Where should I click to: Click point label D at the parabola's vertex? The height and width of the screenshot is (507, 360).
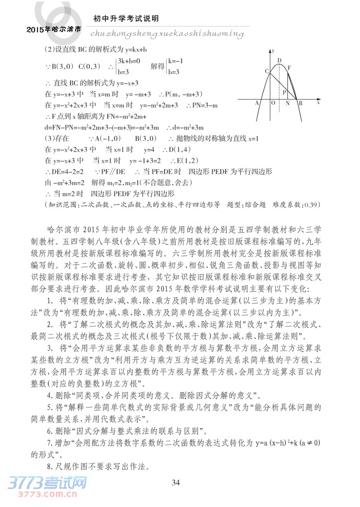279,61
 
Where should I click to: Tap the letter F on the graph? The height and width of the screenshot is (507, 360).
290,68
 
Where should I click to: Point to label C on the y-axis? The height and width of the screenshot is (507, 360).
267,71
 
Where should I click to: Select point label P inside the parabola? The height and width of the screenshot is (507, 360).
284,92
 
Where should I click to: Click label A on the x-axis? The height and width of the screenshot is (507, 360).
257,103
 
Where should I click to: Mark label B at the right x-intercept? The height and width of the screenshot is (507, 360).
301,103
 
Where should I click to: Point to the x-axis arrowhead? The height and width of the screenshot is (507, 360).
318,98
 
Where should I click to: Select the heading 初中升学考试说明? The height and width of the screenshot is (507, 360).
125,19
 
